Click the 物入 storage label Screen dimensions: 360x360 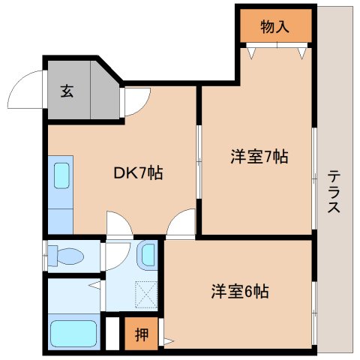click(x=274, y=28)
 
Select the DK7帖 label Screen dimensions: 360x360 click(x=138, y=173)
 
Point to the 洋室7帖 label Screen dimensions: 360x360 click(x=259, y=157)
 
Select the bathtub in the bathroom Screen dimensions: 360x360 click(x=73, y=333)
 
